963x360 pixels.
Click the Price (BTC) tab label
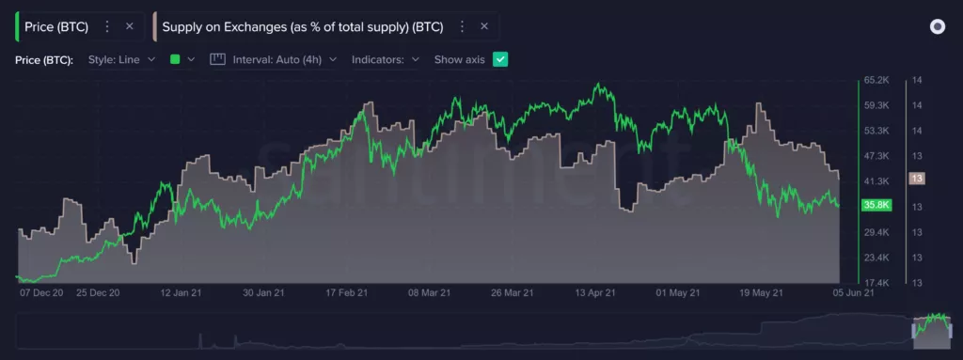(x=56, y=26)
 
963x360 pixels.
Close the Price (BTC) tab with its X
(x=130, y=26)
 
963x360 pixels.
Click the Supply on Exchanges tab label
(x=302, y=26)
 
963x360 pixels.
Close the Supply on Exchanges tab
(x=484, y=26)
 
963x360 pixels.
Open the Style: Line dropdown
(x=121, y=59)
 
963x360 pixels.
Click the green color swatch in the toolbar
(x=175, y=59)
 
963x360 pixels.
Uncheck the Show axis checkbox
(x=500, y=59)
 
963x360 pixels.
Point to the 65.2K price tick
(x=876, y=81)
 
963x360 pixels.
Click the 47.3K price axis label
(x=876, y=155)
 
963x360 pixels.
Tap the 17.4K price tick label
(x=876, y=282)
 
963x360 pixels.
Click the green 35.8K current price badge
(x=876, y=205)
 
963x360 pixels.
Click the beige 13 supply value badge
(x=916, y=179)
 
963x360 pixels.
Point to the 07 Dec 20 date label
(x=40, y=293)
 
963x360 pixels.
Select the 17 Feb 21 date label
(x=346, y=293)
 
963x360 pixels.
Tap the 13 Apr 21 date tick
(x=595, y=293)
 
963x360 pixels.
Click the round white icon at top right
(x=937, y=26)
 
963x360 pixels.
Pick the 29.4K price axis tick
(x=876, y=231)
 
